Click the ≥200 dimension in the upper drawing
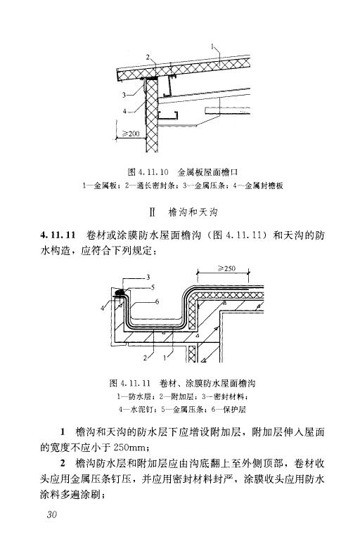click(x=131, y=134)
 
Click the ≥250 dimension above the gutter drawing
click(x=226, y=268)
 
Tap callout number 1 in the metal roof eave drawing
click(x=213, y=46)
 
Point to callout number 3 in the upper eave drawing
click(x=124, y=95)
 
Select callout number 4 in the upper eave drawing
click(x=124, y=112)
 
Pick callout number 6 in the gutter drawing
click(x=157, y=301)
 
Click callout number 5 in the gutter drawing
click(x=153, y=287)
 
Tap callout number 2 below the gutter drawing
click(x=145, y=358)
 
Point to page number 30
click(x=51, y=514)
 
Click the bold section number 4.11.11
click(x=58, y=235)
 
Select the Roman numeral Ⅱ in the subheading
click(x=153, y=212)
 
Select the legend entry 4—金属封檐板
click(x=258, y=186)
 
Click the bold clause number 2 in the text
click(x=63, y=464)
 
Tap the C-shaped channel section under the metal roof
click(x=168, y=116)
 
